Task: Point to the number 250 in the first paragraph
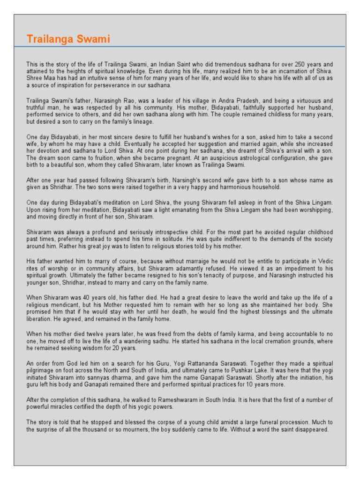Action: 288,64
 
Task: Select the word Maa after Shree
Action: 49,78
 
